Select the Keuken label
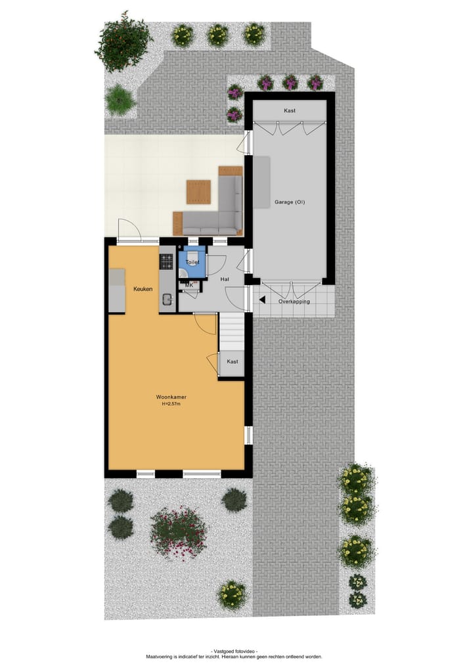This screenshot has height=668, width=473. (x=143, y=289)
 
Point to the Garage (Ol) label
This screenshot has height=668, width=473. (x=290, y=202)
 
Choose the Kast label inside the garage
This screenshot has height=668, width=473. (x=290, y=111)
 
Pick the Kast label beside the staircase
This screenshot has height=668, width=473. (x=232, y=361)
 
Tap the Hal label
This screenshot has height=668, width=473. (x=225, y=279)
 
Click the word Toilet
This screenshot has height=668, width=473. (x=192, y=262)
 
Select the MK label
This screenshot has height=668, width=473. (x=189, y=285)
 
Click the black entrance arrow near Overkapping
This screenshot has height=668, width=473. (x=262, y=300)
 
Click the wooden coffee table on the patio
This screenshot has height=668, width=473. (x=198, y=192)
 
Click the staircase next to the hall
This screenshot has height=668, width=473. (x=231, y=332)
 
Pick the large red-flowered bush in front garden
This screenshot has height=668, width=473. (x=178, y=531)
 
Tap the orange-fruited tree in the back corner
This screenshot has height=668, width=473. (x=124, y=41)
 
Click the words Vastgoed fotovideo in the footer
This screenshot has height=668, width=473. (x=234, y=650)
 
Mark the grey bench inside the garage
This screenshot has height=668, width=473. (x=261, y=182)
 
